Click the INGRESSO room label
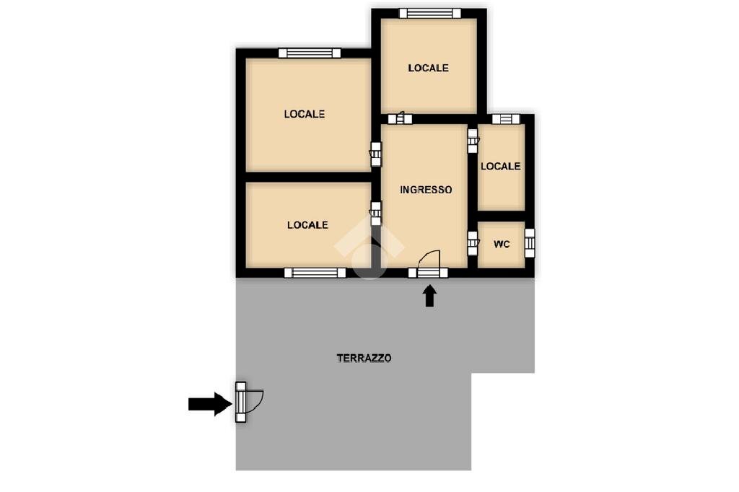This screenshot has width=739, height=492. click(426, 190)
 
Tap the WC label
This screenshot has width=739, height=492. click(502, 244)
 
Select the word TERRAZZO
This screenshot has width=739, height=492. click(364, 358)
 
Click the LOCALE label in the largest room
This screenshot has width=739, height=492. click(304, 114)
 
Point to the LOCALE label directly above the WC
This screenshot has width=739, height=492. click(501, 167)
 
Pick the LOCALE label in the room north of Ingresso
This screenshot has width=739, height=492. click(428, 69)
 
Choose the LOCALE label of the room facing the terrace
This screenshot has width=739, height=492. click(307, 225)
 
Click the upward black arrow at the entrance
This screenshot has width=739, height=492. click(429, 296)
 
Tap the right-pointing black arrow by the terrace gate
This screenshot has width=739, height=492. click(210, 404)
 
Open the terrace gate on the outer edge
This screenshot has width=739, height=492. click(241, 402)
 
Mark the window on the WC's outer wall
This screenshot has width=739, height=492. click(530, 242)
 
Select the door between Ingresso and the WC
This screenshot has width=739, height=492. click(473, 243)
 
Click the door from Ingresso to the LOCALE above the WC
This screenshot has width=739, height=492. click(473, 141)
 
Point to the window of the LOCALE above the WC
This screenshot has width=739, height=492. click(506, 119)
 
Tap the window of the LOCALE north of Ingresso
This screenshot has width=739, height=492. click(429, 13)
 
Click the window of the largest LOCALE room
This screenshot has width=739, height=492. click(309, 53)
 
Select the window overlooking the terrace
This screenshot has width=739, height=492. click(315, 273)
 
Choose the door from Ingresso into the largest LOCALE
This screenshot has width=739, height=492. click(375, 154)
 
